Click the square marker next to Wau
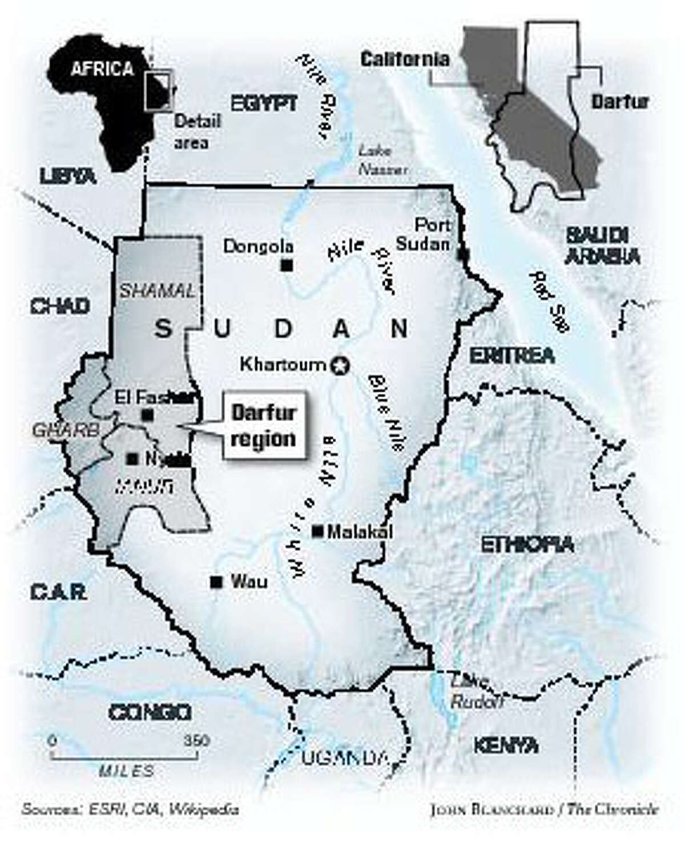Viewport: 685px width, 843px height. [x=216, y=583]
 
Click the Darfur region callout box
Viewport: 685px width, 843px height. [x=263, y=425]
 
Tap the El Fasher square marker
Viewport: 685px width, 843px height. [x=148, y=415]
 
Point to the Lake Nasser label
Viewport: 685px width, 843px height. [x=382, y=160]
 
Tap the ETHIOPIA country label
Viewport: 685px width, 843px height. [x=526, y=544]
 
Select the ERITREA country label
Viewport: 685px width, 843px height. [x=511, y=356]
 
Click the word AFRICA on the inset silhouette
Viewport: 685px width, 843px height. [x=102, y=69]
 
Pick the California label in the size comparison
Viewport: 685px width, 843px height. [x=405, y=58]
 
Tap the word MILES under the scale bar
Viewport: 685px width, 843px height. [x=126, y=772]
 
